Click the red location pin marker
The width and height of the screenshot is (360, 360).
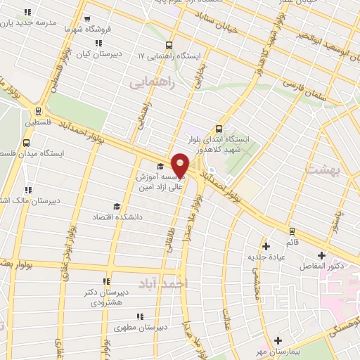(180, 165)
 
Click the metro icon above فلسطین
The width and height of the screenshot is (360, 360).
(37, 110)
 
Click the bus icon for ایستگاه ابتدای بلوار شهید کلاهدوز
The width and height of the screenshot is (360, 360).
(219, 129)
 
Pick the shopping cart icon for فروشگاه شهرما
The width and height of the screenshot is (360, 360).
(86, 20)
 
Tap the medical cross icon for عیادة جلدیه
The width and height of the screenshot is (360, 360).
(266, 246)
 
